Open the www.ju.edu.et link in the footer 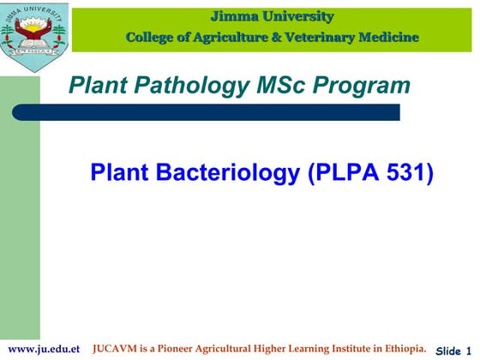pyautogui.click(x=44, y=349)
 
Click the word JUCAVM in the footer pyautogui.click(x=117, y=349)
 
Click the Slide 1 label pyautogui.click(x=454, y=351)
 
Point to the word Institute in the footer pyautogui.click(x=349, y=349)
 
